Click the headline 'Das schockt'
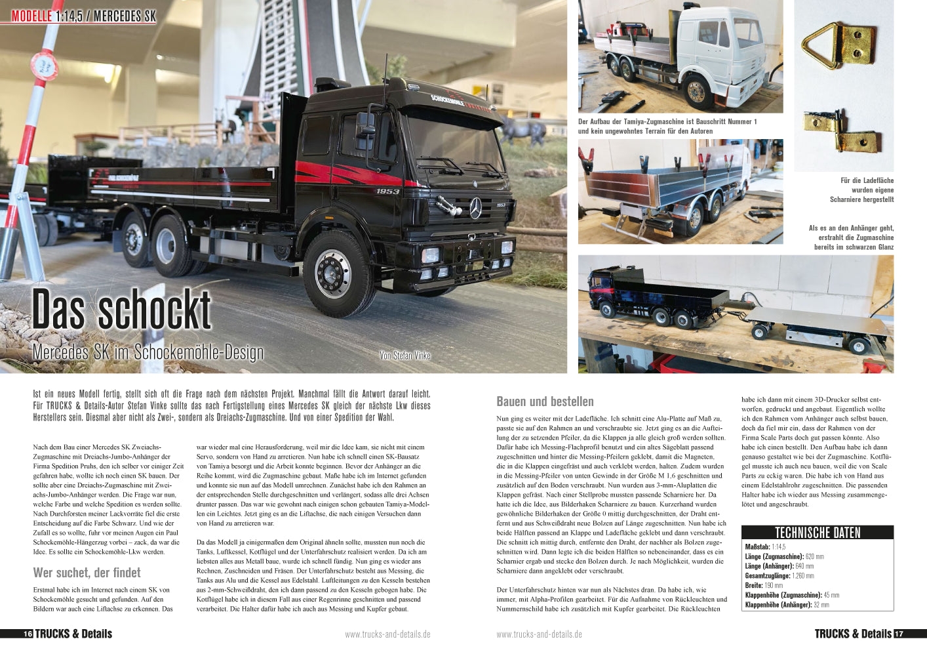coord(122,310)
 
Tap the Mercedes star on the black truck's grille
coord(475,209)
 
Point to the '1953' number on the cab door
coord(387,192)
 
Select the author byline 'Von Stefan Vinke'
coord(404,356)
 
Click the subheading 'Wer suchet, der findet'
coord(87,573)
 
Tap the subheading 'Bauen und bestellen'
coord(545,401)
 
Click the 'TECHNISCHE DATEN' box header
coord(817,533)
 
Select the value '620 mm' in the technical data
coord(815,556)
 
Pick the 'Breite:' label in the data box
coord(754,585)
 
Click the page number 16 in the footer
coord(28,634)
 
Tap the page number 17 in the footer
coord(899,634)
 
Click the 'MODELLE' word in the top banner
coord(31,16)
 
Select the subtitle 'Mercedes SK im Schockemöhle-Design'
coord(148,352)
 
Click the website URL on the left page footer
coord(387,634)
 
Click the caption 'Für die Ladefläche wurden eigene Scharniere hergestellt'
coord(861,190)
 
